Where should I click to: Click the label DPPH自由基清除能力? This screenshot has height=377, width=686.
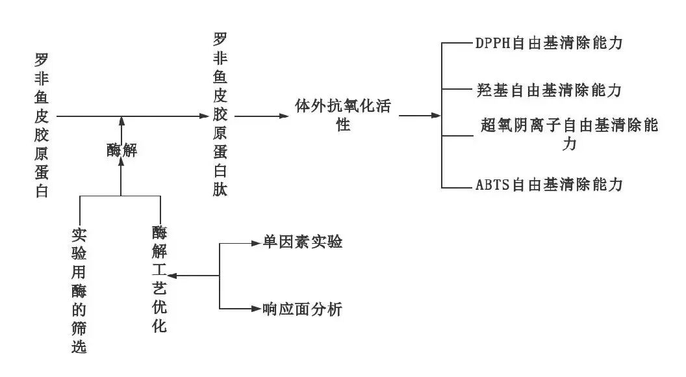point(549,44)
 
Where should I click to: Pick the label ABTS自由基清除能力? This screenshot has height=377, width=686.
point(549,185)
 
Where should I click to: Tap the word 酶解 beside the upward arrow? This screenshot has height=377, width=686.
point(121,151)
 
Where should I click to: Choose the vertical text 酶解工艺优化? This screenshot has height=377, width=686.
point(159,279)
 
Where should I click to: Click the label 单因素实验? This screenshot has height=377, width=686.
point(302,243)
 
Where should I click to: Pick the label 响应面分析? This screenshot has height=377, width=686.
point(302,309)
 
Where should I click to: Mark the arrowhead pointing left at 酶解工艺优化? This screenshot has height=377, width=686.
point(172,276)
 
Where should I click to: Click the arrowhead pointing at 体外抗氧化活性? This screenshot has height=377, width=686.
point(284,116)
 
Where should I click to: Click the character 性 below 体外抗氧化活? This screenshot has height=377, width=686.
point(343,125)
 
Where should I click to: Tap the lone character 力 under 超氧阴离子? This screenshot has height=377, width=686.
point(570,144)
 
